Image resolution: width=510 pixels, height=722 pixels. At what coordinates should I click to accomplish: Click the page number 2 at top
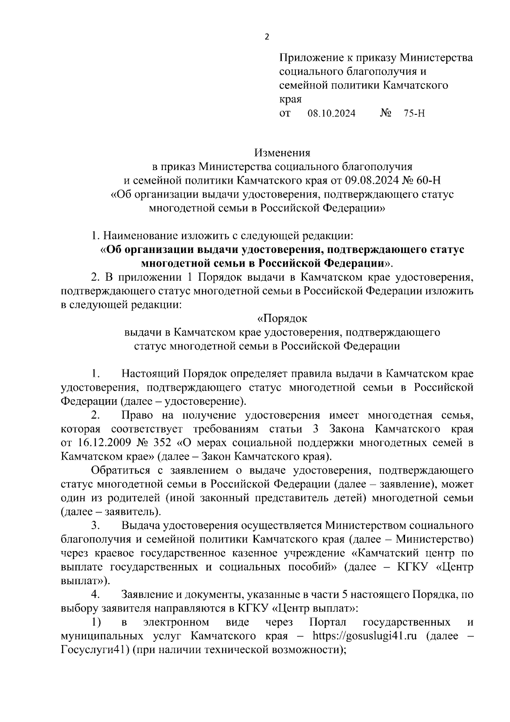tap(267, 37)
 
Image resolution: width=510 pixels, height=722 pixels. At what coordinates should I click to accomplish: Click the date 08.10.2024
tap(331, 114)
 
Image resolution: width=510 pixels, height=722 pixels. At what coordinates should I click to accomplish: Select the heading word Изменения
tap(282, 153)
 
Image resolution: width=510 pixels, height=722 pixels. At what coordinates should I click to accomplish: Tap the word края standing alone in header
tap(290, 100)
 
